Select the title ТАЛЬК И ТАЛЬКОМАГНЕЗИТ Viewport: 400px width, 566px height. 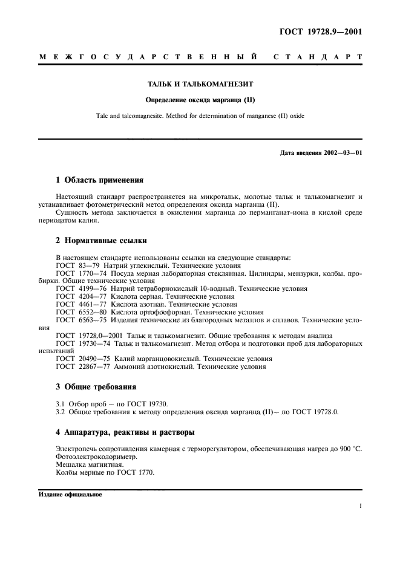tap(200, 86)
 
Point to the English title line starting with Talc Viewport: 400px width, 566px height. tap(200, 116)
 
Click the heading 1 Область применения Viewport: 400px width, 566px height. tap(99, 180)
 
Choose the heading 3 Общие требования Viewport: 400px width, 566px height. tap(96, 386)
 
